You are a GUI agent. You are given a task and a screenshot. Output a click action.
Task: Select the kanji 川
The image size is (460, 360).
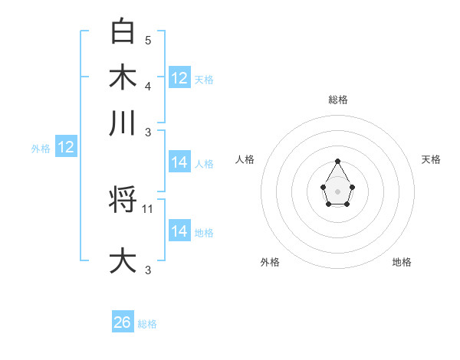(123, 123)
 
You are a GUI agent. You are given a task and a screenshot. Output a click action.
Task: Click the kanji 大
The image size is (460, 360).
(123, 260)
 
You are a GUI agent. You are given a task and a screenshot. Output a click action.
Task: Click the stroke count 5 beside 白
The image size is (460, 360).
(148, 39)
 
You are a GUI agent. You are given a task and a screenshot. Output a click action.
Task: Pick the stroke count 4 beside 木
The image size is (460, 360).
(148, 86)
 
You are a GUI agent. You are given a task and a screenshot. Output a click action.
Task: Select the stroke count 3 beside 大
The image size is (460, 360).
(148, 270)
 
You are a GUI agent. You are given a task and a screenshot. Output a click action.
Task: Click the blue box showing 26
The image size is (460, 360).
(123, 322)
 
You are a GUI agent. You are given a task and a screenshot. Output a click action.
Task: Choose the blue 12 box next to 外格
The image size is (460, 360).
(66, 148)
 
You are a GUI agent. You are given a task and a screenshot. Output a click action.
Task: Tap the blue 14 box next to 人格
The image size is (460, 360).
(179, 162)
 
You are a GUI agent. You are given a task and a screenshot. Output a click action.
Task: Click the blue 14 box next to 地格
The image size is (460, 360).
(179, 231)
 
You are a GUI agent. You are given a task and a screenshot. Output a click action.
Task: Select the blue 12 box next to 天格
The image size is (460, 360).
(179, 78)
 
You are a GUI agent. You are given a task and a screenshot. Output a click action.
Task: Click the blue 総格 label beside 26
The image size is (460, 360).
(147, 324)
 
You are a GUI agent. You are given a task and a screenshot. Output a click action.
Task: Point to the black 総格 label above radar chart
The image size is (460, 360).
(337, 100)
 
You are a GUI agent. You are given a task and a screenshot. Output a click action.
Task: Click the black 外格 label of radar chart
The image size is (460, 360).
(270, 262)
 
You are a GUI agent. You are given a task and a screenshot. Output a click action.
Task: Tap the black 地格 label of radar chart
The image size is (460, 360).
(402, 262)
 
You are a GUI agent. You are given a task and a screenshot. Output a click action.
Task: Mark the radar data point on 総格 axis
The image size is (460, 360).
(337, 162)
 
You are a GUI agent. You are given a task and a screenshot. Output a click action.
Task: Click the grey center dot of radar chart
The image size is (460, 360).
(337, 191)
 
